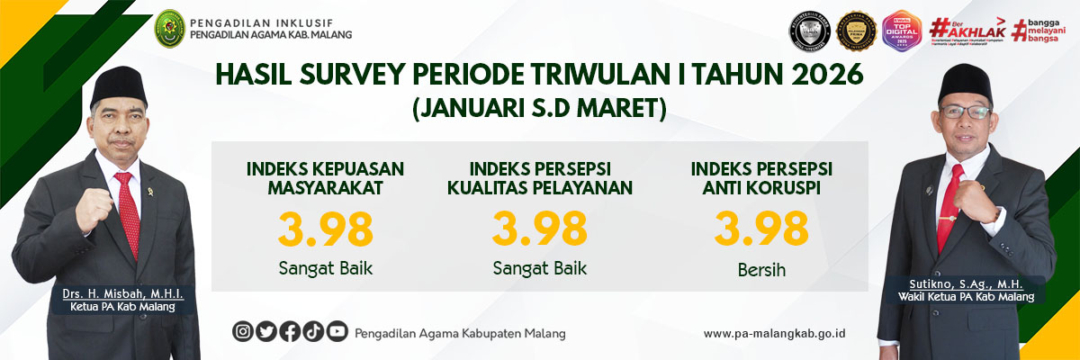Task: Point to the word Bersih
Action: point(760,268)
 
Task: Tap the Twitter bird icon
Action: point(266,331)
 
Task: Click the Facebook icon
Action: point(290,331)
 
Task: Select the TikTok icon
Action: point(313,331)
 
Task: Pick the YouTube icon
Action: point(337,331)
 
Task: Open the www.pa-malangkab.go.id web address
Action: point(774,333)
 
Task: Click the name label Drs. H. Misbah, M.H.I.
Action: point(122,293)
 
